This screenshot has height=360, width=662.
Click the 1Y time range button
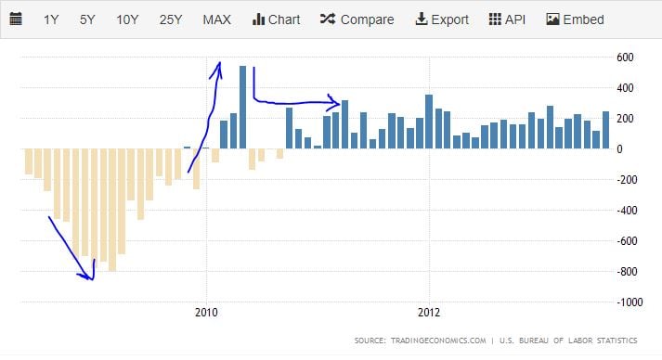tap(52, 19)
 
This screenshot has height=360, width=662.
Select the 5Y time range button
tap(87, 19)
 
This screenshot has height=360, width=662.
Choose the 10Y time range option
tap(127, 19)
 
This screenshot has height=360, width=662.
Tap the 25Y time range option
tap(171, 19)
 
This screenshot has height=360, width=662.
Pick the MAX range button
tap(217, 19)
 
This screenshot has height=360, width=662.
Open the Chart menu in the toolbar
tap(277, 19)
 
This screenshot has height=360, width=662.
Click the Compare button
tap(357, 19)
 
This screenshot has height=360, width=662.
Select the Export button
tap(442, 19)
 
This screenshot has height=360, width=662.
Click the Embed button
tap(576, 19)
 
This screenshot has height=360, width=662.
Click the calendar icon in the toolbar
tap(16, 19)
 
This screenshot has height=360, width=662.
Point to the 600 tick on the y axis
tap(626, 58)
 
